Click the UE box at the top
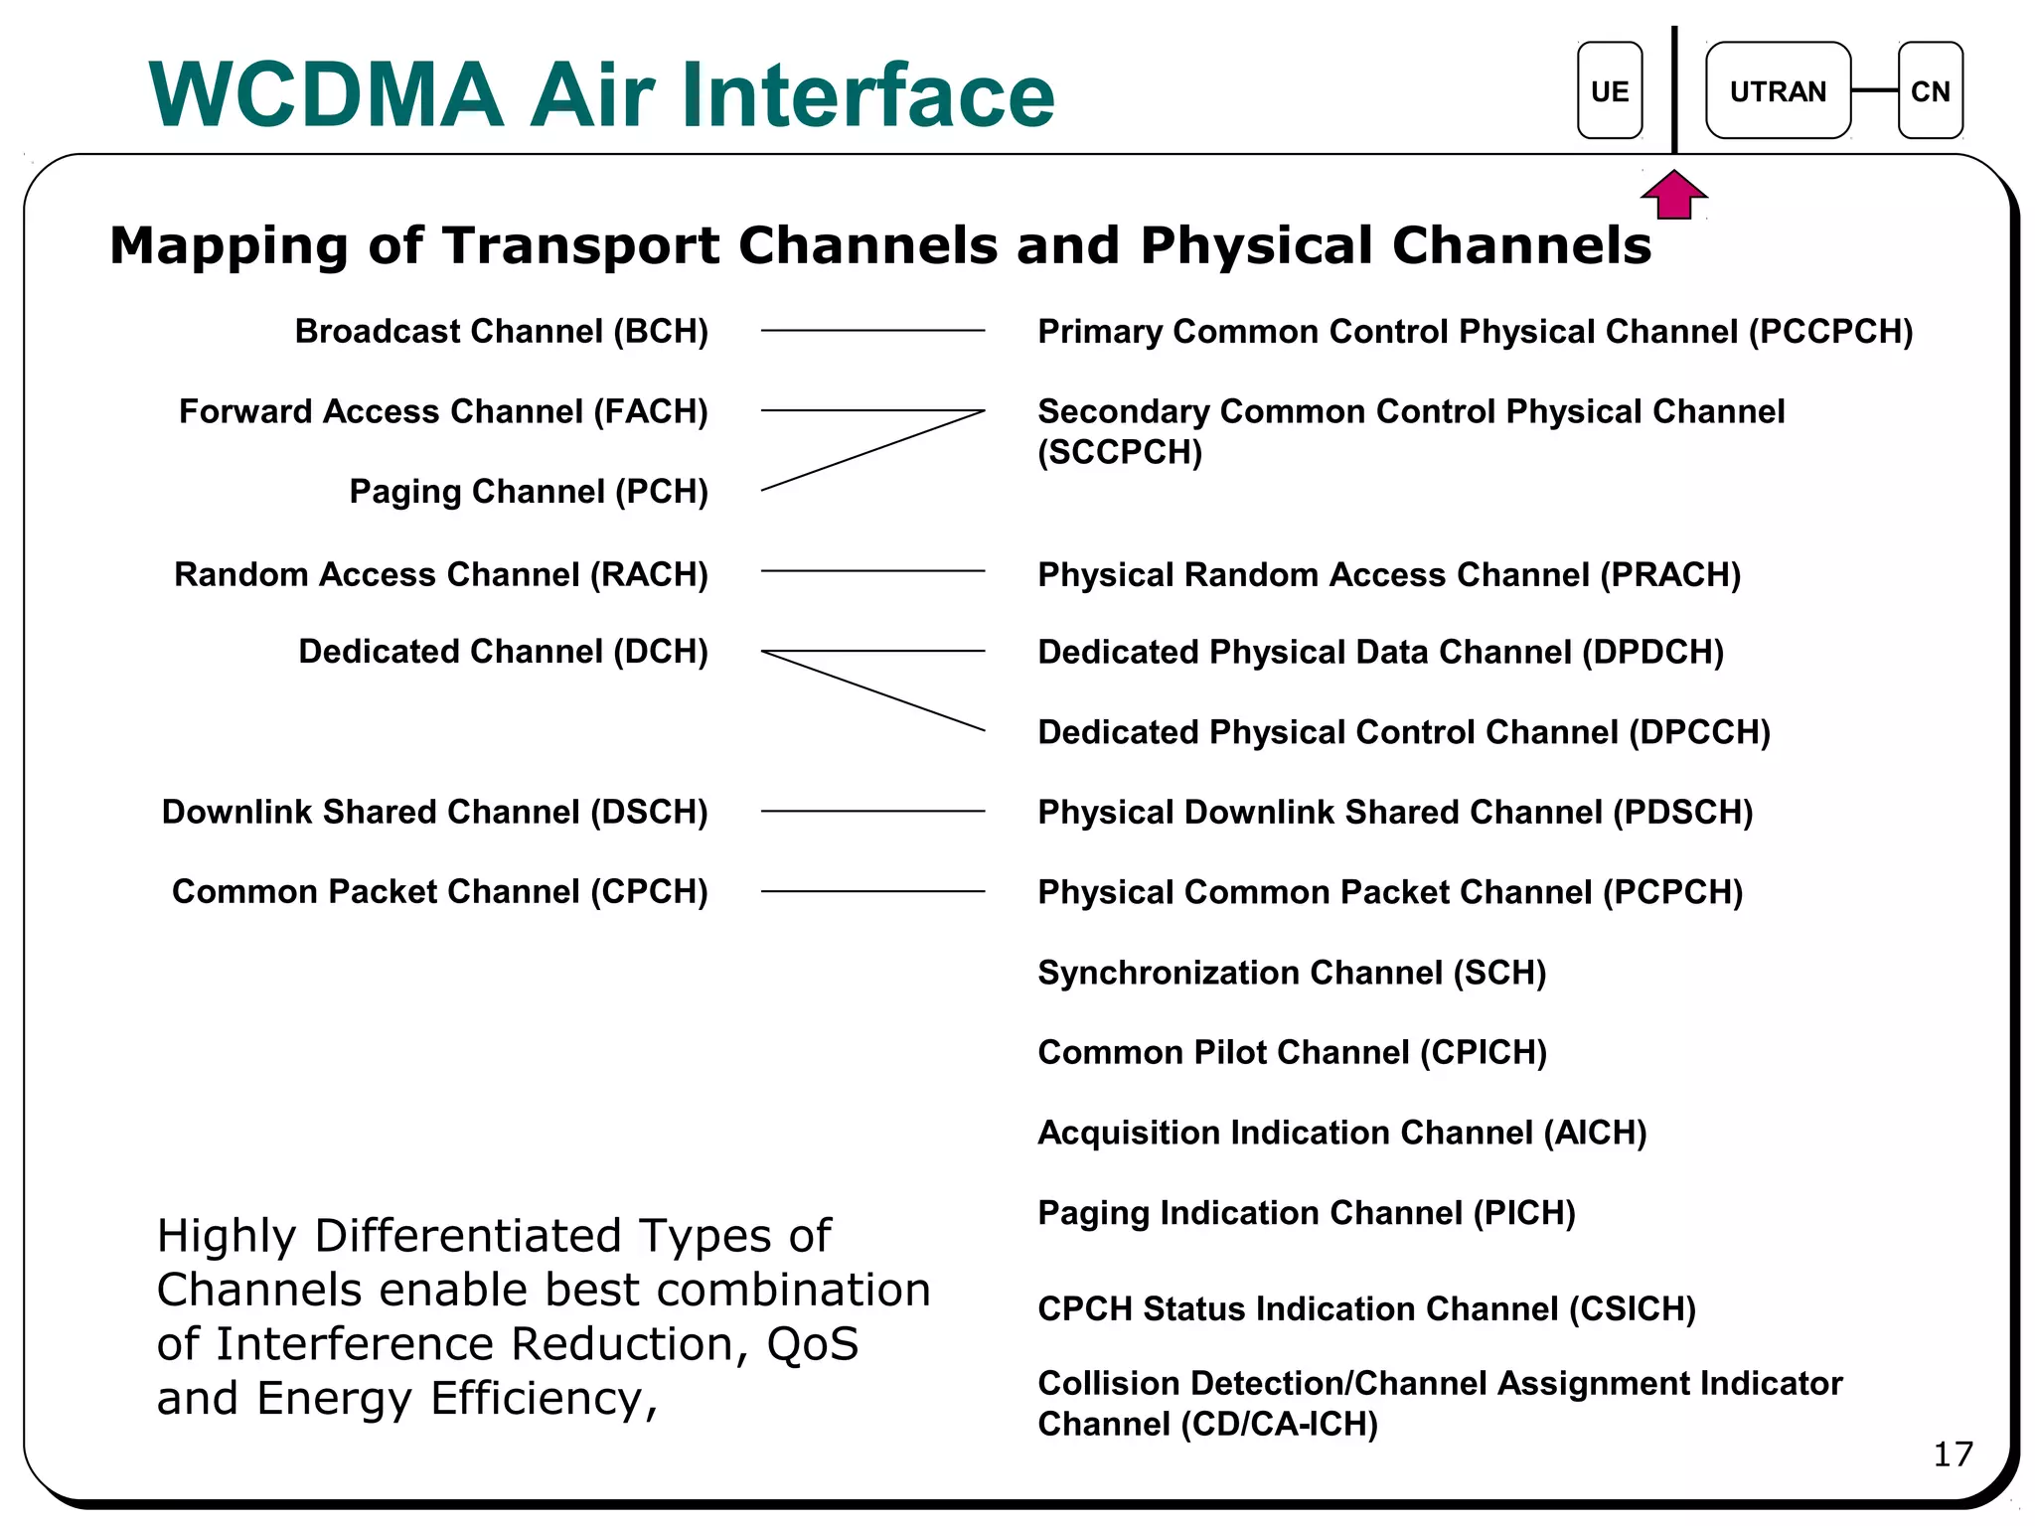click(x=1609, y=91)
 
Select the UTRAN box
click(x=1777, y=91)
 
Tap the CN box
click(x=1930, y=91)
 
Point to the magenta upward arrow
click(x=1674, y=195)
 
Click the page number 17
click(x=1953, y=1454)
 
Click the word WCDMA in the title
click(x=326, y=95)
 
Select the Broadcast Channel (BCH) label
click(x=501, y=332)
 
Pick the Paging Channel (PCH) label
click(x=528, y=492)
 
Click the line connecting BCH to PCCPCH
click(x=872, y=331)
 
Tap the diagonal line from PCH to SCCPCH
click(x=872, y=450)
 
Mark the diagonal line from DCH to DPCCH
click(x=872, y=690)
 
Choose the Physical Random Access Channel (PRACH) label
click(x=1388, y=575)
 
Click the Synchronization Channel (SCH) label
click(x=1291, y=973)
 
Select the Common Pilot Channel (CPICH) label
click(x=1292, y=1053)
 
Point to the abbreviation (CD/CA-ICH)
click(x=1279, y=1425)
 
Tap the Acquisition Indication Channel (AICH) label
click(x=1341, y=1133)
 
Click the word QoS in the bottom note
click(x=812, y=1344)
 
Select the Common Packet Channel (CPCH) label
click(x=439, y=892)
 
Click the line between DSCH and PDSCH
click(x=872, y=812)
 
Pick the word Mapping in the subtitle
click(x=228, y=246)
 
